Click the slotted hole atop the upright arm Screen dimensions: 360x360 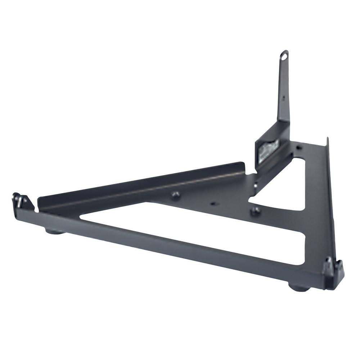285,57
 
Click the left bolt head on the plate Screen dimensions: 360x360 176,195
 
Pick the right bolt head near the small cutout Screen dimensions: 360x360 256,211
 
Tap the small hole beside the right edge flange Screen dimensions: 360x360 299,147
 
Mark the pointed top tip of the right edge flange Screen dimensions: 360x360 328,139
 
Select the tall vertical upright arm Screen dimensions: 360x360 284,90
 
